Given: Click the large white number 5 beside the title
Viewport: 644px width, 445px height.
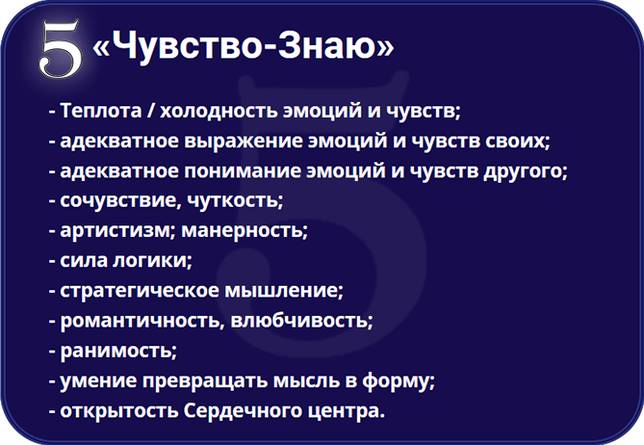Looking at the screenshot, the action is point(61,48).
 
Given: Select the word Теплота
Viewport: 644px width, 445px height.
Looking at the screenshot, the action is point(101,111).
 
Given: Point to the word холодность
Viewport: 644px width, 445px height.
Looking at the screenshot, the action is point(218,111).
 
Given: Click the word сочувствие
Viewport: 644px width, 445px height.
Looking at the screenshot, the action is point(118,201).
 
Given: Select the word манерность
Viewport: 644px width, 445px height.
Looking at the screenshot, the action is point(242,231).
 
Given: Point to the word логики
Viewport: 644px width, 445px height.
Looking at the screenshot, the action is point(149,261).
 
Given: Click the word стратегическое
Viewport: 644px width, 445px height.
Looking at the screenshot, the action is point(140,291).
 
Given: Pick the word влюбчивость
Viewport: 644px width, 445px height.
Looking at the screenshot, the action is point(299,321).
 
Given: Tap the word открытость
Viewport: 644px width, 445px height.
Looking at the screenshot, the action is point(119,411).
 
